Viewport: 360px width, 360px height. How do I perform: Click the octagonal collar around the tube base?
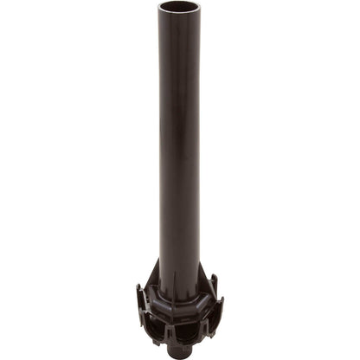tap(179, 297)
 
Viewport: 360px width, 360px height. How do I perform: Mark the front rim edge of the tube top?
tap(179, 13)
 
